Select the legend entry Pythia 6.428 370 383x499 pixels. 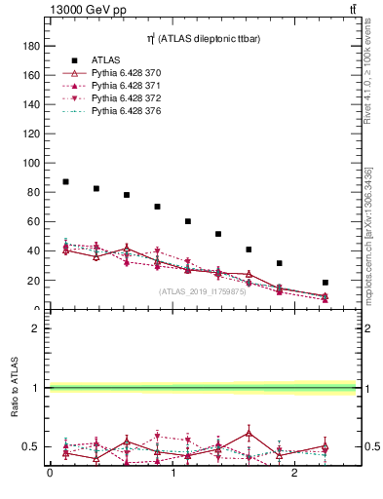(127, 72)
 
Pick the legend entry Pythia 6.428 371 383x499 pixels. (127, 86)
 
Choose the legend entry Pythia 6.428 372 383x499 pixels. (127, 98)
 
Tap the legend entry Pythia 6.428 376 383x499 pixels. (127, 112)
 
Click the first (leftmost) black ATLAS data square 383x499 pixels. (65, 182)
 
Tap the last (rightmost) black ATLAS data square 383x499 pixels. (326, 283)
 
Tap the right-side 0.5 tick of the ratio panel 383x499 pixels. (370, 447)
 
